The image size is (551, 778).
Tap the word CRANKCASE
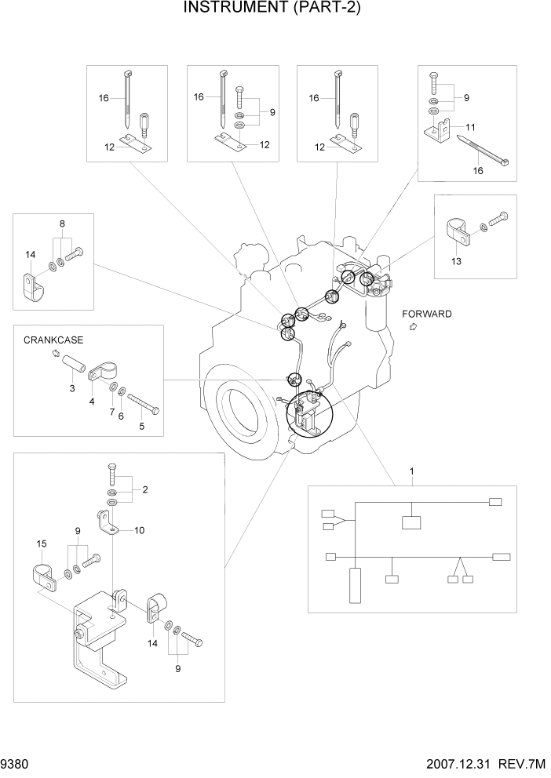(53, 340)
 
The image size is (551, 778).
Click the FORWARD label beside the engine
(427, 314)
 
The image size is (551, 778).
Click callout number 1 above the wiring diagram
(411, 471)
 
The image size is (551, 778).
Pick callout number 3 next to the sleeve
(72, 388)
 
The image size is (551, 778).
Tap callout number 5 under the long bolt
(142, 427)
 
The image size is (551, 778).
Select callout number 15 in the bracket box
(42, 544)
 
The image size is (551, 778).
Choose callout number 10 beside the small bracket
(139, 530)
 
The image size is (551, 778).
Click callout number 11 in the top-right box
(471, 126)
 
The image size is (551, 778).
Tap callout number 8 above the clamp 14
(62, 224)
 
